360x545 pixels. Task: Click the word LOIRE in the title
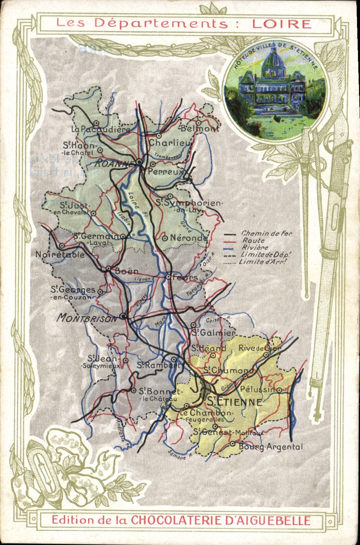(x=282, y=24)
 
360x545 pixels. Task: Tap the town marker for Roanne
(x=139, y=162)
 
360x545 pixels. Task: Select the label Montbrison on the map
(x=87, y=318)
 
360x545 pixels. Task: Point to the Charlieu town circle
(x=159, y=136)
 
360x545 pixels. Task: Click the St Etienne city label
(x=234, y=402)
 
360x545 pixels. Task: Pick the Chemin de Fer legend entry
(x=267, y=233)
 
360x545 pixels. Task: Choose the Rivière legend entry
(x=255, y=248)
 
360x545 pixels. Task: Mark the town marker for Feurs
(x=168, y=277)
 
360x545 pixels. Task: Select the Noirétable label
(x=60, y=255)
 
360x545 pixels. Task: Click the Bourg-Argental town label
(x=271, y=447)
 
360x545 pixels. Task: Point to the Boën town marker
(x=108, y=269)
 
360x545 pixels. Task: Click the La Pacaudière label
(x=101, y=129)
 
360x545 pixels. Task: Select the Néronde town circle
(x=165, y=238)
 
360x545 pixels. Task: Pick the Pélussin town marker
(x=279, y=390)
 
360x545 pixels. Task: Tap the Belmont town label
(x=200, y=129)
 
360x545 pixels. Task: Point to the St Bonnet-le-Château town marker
(x=133, y=390)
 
